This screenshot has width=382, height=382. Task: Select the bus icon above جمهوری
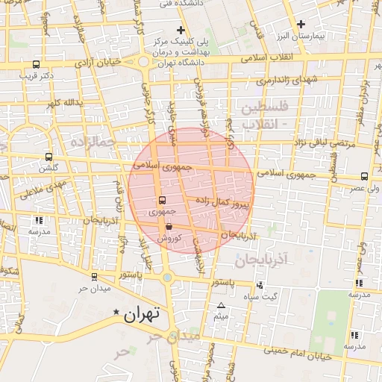click(162, 200)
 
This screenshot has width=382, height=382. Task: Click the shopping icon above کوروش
click(169, 226)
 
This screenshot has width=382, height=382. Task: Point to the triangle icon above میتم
click(220, 307)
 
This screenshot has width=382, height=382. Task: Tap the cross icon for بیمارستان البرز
click(301, 24)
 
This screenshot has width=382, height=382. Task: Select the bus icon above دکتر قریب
click(37, 64)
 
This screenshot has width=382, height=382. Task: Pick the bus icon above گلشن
click(49, 157)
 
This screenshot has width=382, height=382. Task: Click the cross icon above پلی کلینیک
click(180, 29)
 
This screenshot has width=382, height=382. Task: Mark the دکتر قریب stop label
click(37, 75)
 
